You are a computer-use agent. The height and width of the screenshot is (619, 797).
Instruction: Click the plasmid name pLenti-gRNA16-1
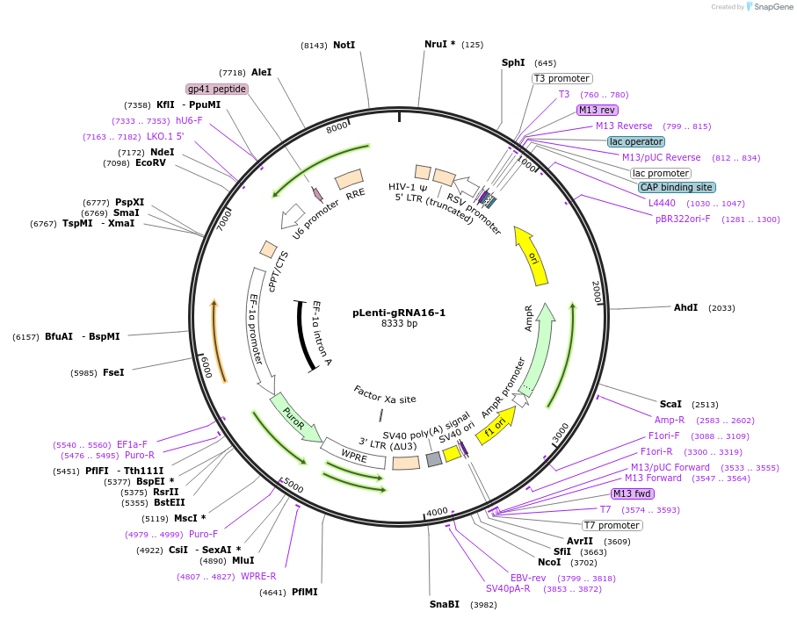click(399, 313)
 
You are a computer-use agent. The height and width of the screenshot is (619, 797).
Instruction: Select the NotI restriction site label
click(344, 45)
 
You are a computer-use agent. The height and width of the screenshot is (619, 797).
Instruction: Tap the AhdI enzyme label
click(685, 308)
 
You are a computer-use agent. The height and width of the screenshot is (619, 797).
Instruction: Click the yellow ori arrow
click(532, 256)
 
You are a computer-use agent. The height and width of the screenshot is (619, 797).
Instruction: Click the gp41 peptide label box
click(217, 89)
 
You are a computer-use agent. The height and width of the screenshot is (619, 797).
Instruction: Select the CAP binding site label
click(676, 187)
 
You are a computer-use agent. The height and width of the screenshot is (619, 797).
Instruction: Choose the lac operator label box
click(636, 141)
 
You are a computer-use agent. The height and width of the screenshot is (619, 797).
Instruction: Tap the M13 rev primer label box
click(598, 110)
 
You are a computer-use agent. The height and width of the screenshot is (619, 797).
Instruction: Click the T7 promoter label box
click(612, 525)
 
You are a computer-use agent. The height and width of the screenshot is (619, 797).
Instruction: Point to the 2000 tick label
click(596, 292)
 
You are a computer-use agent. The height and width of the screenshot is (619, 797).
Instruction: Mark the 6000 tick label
click(205, 367)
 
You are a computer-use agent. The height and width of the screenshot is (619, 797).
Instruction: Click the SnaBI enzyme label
click(444, 604)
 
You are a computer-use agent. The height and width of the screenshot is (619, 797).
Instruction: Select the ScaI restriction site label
click(670, 404)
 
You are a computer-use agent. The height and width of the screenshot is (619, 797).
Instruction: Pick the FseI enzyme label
click(113, 372)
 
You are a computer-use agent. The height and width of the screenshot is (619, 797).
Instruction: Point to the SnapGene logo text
click(770, 7)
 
